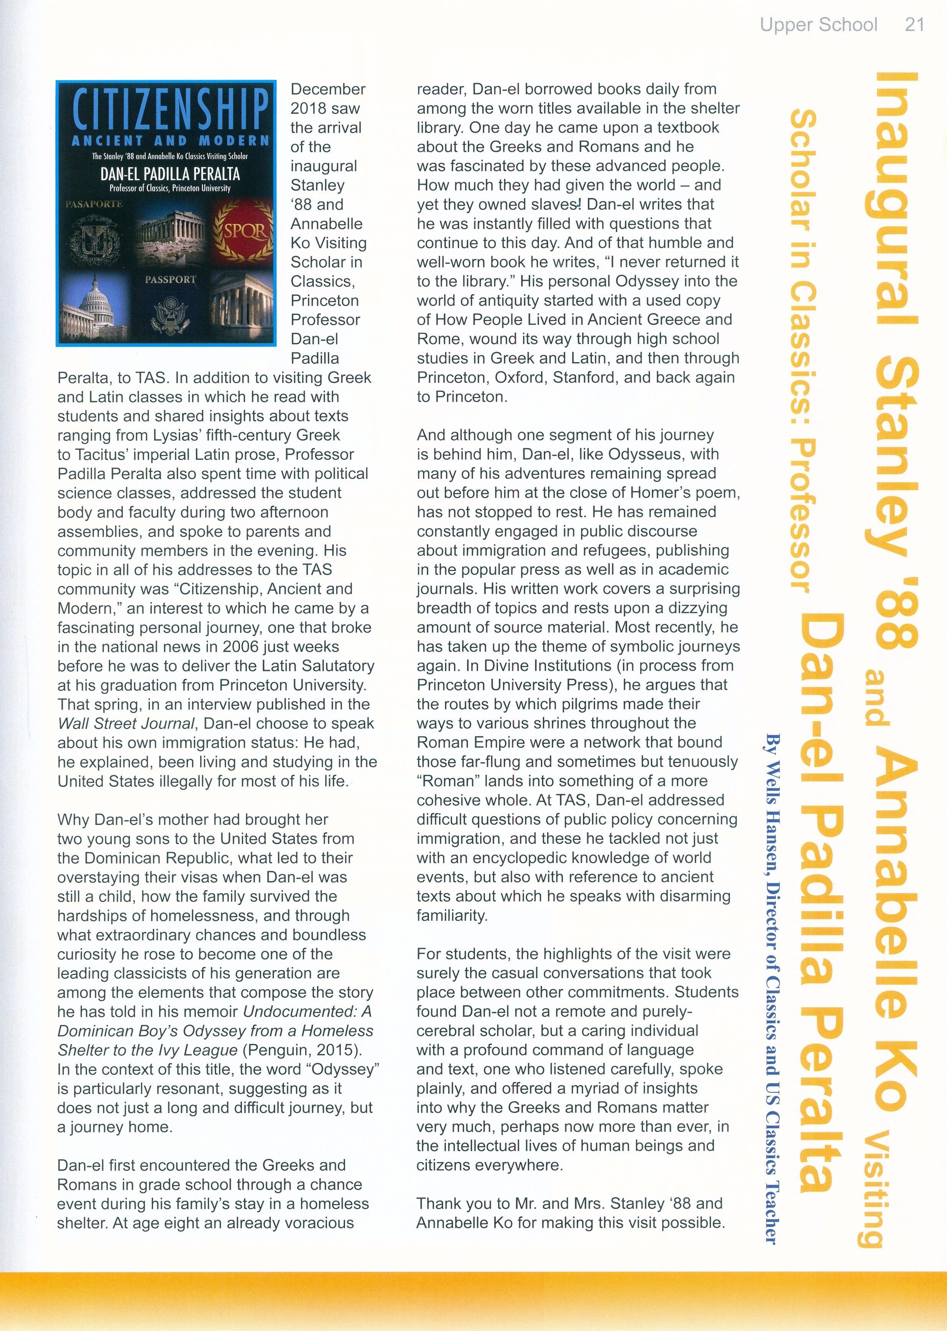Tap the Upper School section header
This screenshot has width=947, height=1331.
point(818,25)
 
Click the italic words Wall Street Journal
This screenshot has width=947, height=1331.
point(125,723)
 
